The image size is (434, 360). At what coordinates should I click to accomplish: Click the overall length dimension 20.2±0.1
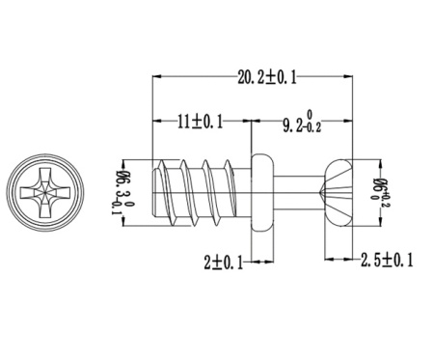tap(267, 78)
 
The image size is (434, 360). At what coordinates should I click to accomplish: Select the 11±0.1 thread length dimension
tap(200, 123)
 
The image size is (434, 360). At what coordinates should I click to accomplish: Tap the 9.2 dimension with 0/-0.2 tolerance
tap(302, 123)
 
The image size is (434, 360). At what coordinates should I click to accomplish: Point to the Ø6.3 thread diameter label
tap(122, 192)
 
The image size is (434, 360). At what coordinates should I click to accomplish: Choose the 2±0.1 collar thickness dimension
tap(224, 263)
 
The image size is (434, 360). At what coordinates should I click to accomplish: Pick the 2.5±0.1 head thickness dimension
tap(387, 260)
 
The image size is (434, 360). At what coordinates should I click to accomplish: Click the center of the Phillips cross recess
tap(45, 192)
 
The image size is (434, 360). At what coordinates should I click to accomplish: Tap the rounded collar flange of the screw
tap(262, 192)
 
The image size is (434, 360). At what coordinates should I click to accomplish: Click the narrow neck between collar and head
tap(298, 192)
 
